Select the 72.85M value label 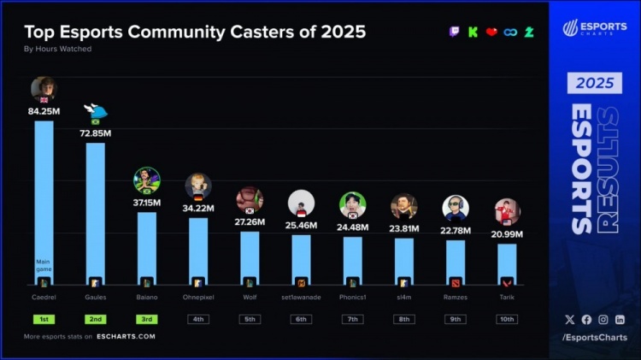tap(96, 133)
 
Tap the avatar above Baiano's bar tap(147, 180)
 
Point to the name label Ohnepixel tap(198, 298)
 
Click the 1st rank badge tap(44, 319)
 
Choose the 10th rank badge tap(507, 319)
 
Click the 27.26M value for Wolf tap(250, 221)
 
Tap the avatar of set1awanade tap(301, 204)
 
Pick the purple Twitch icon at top tap(455, 32)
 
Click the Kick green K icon tap(473, 32)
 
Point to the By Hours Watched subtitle tap(57, 50)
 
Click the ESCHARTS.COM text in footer tap(127, 336)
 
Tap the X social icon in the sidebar tap(570, 319)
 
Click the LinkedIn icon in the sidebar tap(620, 319)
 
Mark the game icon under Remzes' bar tap(456, 281)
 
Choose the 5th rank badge tap(250, 319)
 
